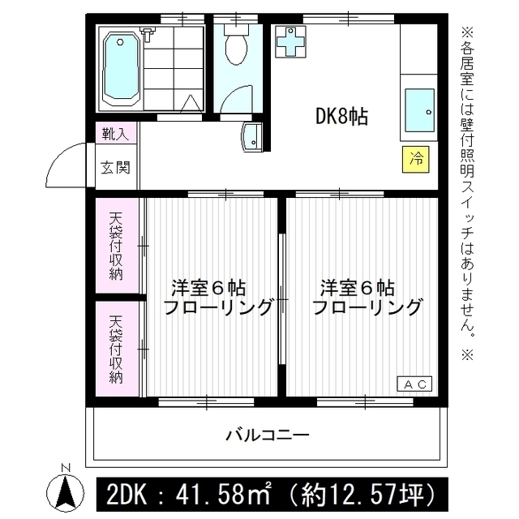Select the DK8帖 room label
tap(341, 117)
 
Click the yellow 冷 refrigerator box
tap(416, 158)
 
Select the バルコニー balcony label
tap(267, 435)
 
